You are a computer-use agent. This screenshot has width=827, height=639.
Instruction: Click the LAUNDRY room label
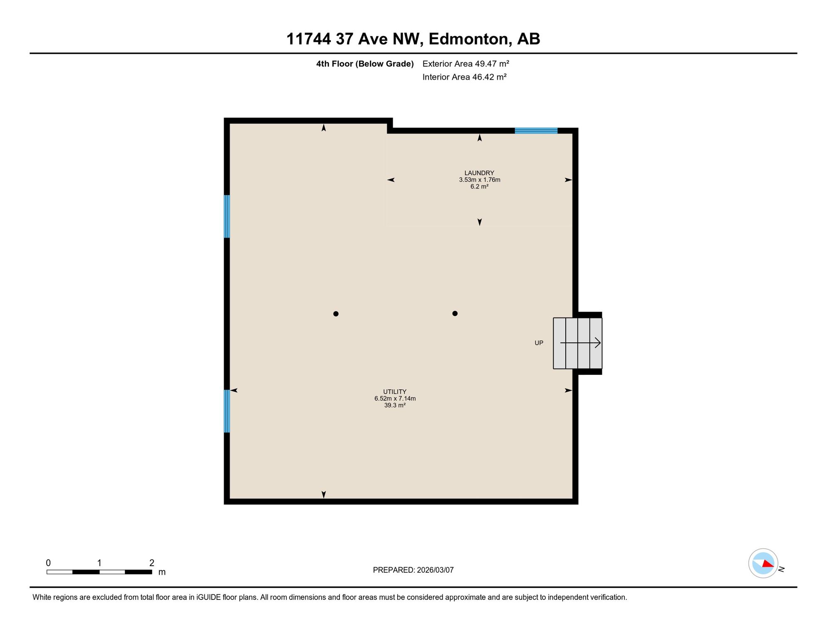point(479,173)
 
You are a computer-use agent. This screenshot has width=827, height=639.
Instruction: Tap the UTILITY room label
point(395,391)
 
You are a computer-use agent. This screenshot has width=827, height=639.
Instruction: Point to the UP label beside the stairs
point(539,343)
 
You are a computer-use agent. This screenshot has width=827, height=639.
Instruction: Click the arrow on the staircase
point(580,343)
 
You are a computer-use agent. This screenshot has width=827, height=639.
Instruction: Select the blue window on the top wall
point(536,131)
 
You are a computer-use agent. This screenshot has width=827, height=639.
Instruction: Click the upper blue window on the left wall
point(227,216)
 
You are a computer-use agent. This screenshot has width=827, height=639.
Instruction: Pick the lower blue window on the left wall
point(227,411)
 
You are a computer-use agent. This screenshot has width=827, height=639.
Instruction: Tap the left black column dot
point(336,314)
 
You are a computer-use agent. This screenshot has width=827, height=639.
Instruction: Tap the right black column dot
point(455,313)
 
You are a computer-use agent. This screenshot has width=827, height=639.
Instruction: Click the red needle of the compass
point(768,563)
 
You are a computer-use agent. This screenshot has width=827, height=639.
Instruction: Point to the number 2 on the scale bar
point(152,563)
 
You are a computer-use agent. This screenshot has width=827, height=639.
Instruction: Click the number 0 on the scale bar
point(48,563)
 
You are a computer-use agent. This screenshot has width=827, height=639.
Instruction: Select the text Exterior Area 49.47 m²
point(465,64)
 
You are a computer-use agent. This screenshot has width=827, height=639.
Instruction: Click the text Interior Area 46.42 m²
point(464,77)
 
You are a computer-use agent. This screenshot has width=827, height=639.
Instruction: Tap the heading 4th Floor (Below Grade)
point(365,64)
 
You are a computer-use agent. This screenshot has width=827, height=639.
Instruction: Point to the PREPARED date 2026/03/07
point(435,570)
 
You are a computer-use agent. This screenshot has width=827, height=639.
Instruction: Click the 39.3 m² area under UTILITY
point(395,405)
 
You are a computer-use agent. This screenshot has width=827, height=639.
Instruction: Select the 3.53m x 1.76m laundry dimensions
point(479,180)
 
